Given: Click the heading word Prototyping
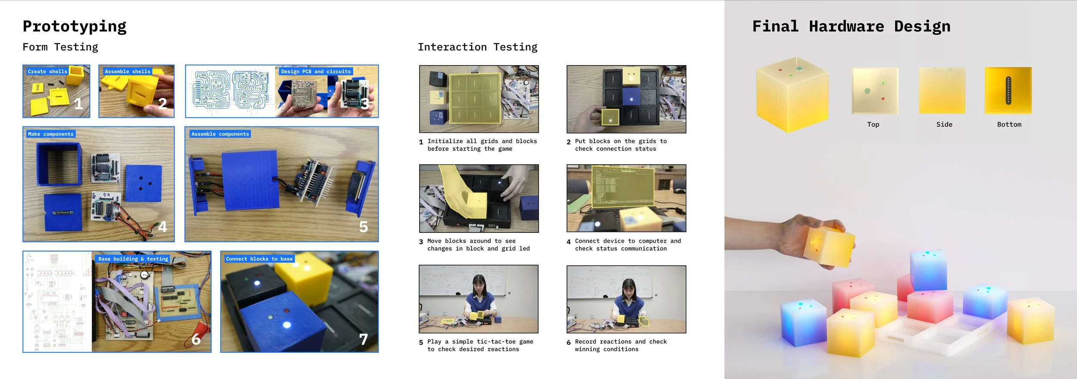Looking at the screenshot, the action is [x=75, y=27].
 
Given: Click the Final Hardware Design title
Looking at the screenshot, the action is [x=851, y=27].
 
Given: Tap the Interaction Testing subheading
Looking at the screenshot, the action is [x=478, y=47].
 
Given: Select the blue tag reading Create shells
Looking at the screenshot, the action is [x=47, y=72].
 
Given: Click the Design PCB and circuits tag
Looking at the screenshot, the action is [x=316, y=72].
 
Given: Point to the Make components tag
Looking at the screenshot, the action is [x=51, y=134].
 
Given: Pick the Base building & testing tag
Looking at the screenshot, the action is [x=133, y=259].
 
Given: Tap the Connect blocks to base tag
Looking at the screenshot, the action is [x=259, y=259].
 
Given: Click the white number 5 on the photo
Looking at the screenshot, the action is [x=364, y=227].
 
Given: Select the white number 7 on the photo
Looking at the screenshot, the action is [x=364, y=339].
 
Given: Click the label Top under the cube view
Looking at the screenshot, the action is [x=873, y=125].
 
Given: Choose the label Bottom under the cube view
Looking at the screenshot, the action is [x=1009, y=125].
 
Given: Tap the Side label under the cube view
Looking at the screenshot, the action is [x=944, y=125].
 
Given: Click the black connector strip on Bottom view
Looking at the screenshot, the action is [x=1008, y=91].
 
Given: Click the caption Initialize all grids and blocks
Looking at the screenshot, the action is [x=482, y=141].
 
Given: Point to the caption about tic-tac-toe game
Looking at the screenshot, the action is [x=480, y=345].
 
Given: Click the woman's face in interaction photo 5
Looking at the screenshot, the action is [x=479, y=285].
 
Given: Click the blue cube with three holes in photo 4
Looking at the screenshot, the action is [x=143, y=184].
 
